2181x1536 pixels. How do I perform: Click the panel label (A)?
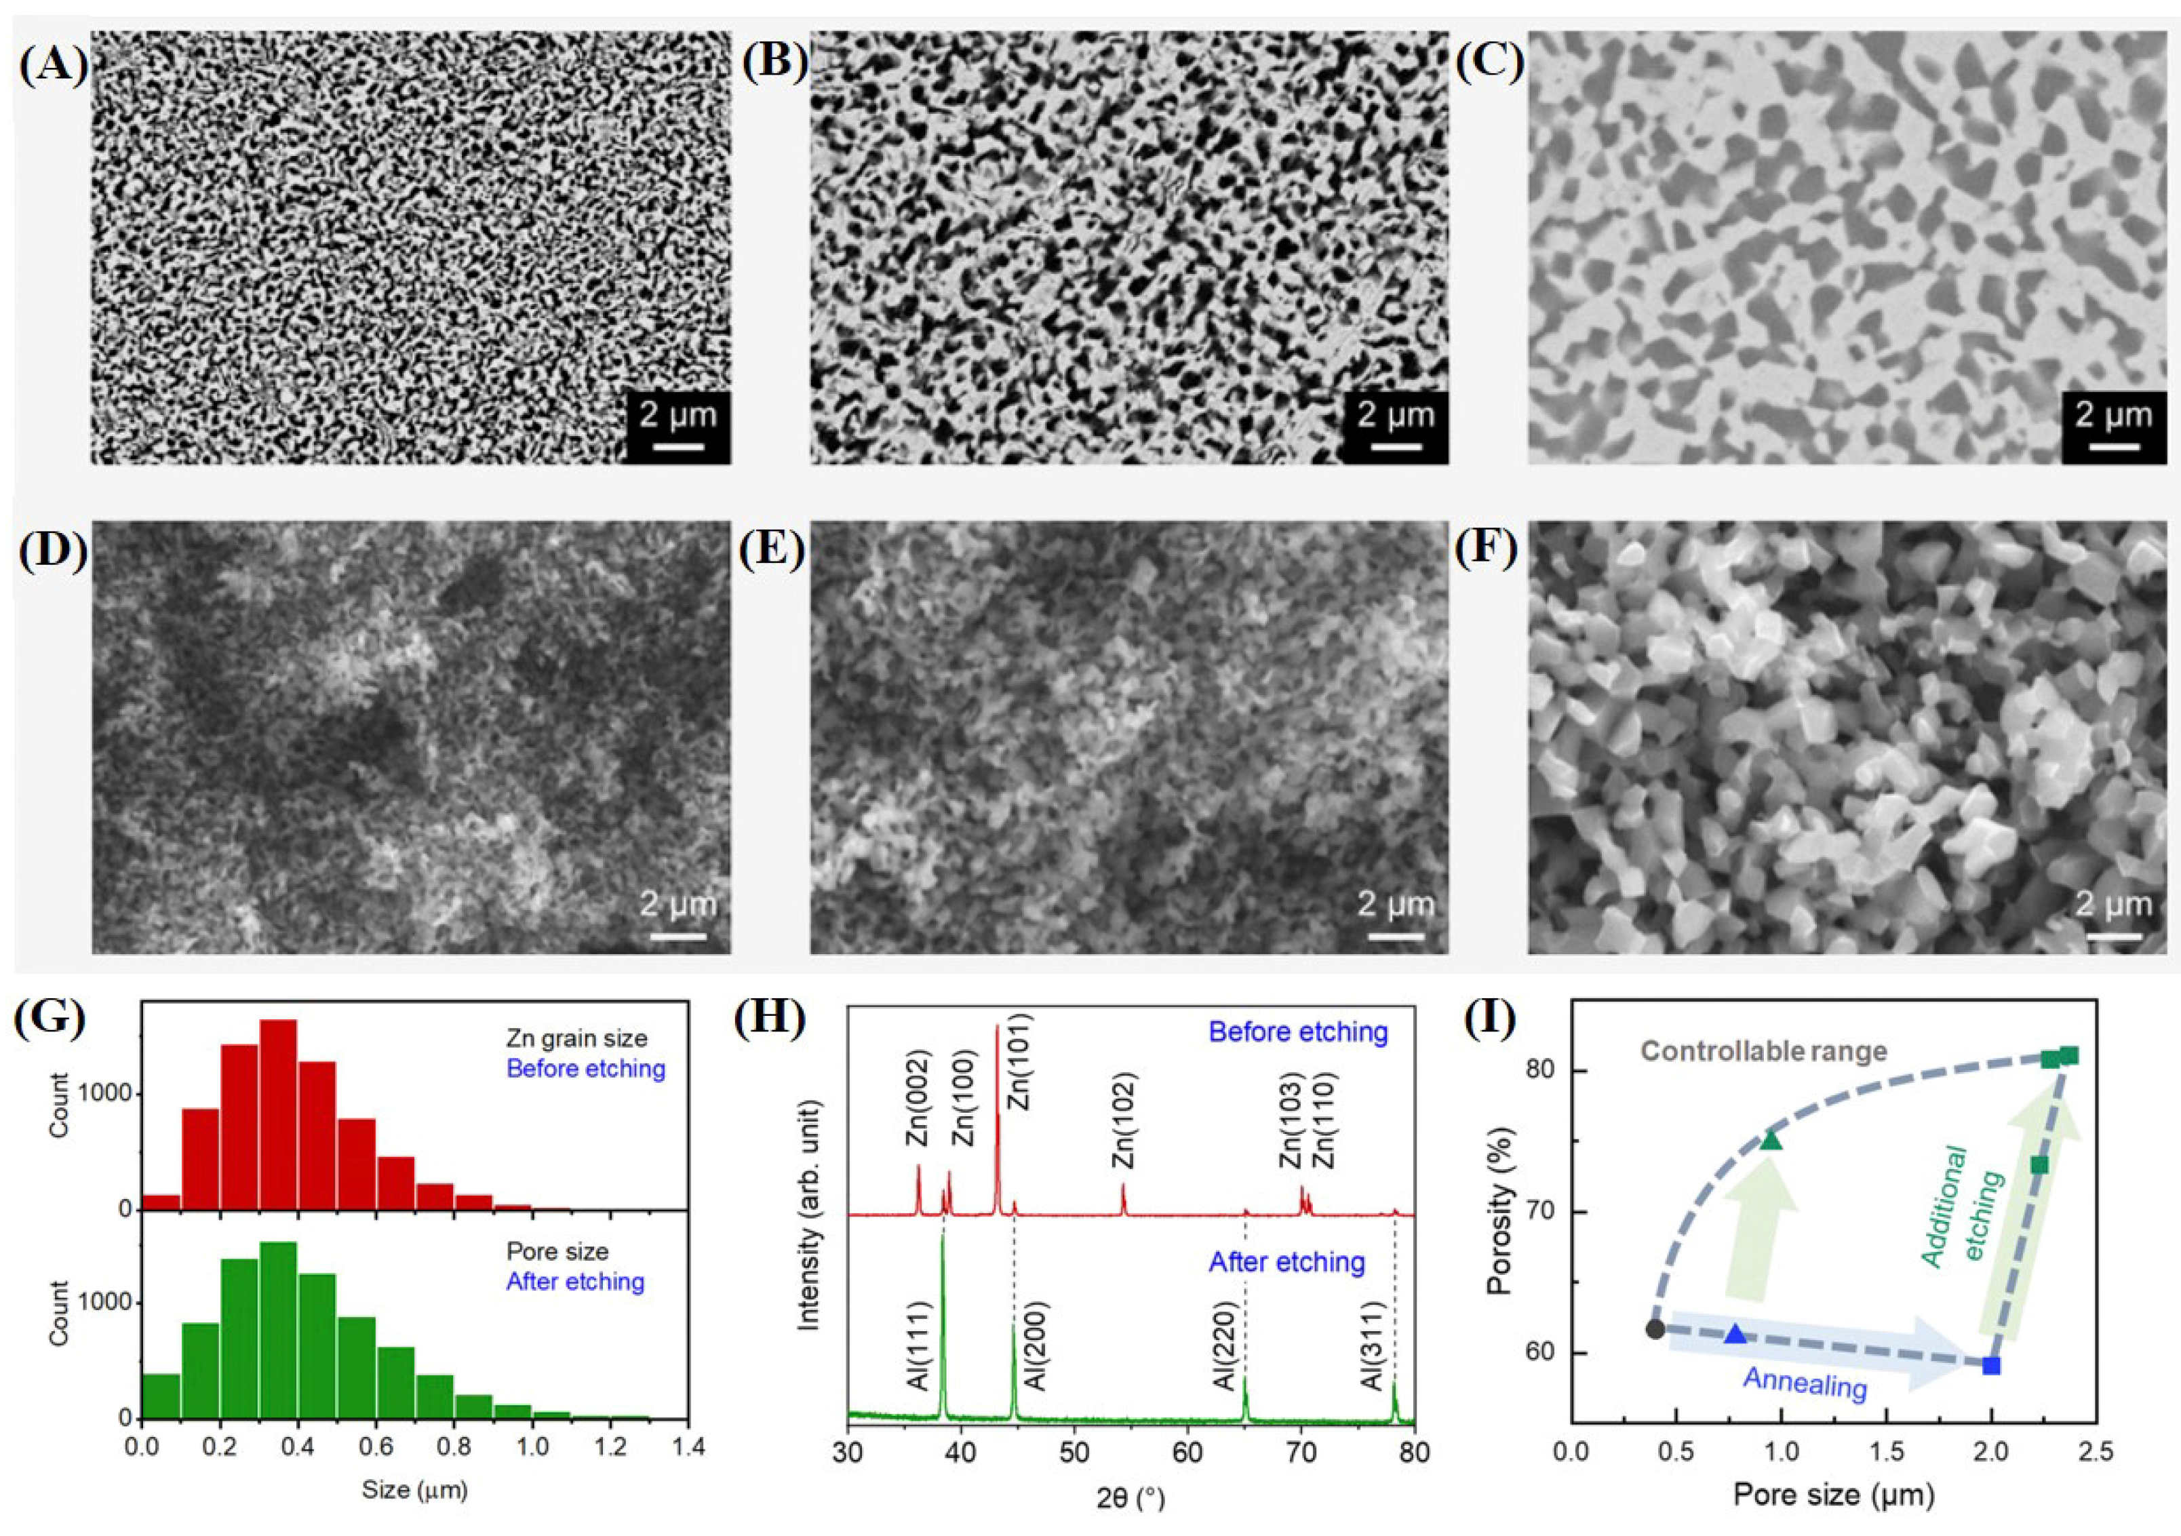pos(53,66)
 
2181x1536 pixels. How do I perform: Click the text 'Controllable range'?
pos(1764,1052)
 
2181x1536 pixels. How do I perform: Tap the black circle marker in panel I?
pos(1655,1329)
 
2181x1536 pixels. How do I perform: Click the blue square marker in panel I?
pos(1991,1366)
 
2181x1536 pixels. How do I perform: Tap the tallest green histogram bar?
pos(278,1330)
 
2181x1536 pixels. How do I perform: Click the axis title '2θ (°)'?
pos(1131,1499)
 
